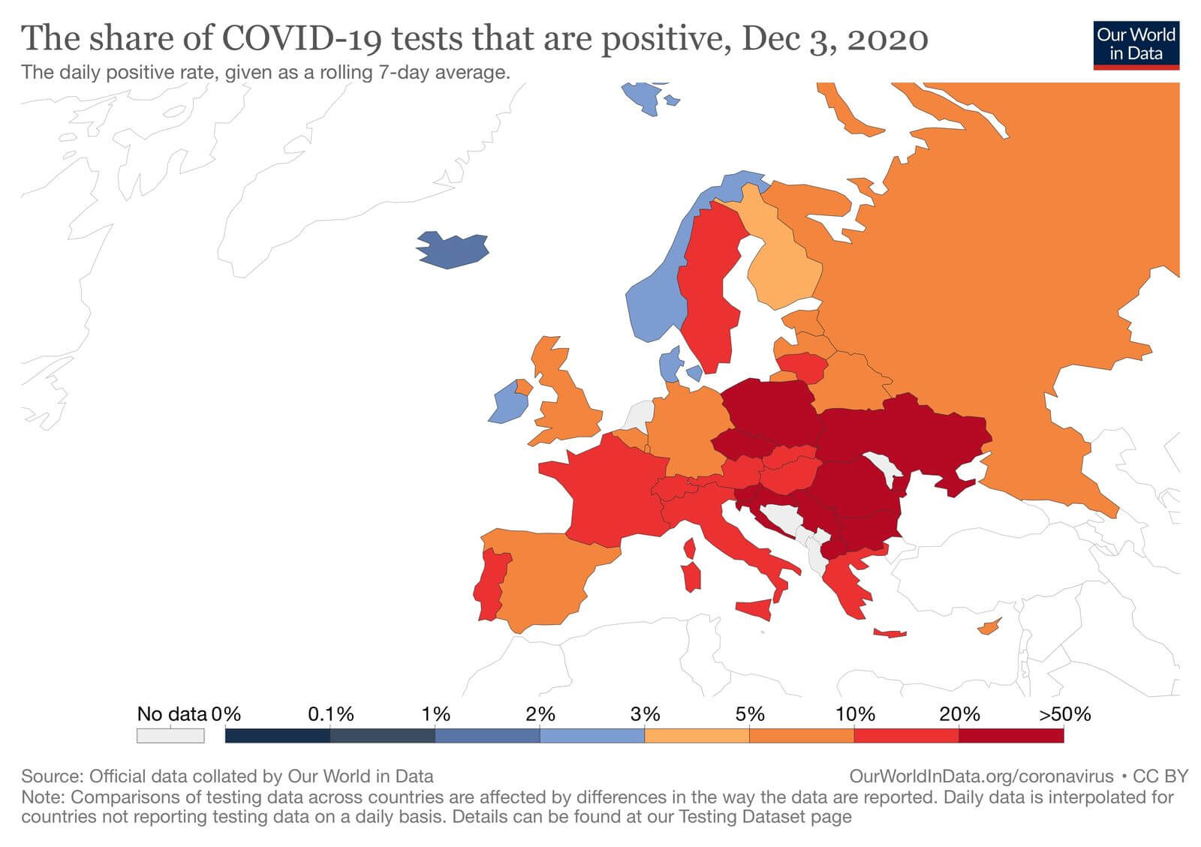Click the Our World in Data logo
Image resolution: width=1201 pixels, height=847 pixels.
tap(1136, 44)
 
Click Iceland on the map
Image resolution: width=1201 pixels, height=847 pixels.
tap(453, 250)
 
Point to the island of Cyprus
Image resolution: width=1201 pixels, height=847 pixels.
tap(989, 627)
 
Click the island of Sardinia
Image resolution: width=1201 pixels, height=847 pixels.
tap(691, 577)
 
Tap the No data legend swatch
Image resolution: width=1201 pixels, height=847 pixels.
tap(170, 735)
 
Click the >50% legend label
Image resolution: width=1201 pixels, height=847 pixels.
tap(1064, 714)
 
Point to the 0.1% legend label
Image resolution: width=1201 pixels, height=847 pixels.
tap(330, 714)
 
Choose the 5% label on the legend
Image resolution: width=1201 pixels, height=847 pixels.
tap(749, 714)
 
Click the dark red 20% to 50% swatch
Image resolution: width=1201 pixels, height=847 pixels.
tap(1011, 735)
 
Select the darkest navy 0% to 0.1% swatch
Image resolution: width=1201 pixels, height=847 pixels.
tap(277, 735)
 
